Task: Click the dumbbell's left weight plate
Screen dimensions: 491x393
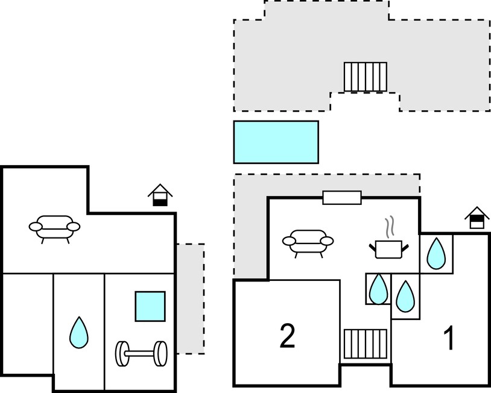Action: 122,354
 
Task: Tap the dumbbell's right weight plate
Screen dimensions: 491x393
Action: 161,354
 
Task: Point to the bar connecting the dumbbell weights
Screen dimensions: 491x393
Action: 142,354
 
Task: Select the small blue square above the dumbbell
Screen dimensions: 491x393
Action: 150,306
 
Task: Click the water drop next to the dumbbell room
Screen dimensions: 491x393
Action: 79,333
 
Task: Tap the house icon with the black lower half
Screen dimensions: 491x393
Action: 160,195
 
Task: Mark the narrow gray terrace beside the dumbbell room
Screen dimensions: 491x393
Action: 191,299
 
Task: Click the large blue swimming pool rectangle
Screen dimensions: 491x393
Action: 276,142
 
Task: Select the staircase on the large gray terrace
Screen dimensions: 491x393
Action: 366,77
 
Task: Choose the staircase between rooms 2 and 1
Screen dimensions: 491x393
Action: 366,344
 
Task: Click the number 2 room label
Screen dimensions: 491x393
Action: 287,336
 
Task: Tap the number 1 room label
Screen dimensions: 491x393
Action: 449,338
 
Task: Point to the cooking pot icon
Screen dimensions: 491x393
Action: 388,250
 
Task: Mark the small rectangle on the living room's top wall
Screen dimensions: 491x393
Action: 342,198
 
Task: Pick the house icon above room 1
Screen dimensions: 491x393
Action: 477,218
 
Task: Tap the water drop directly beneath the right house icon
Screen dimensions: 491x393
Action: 436,253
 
